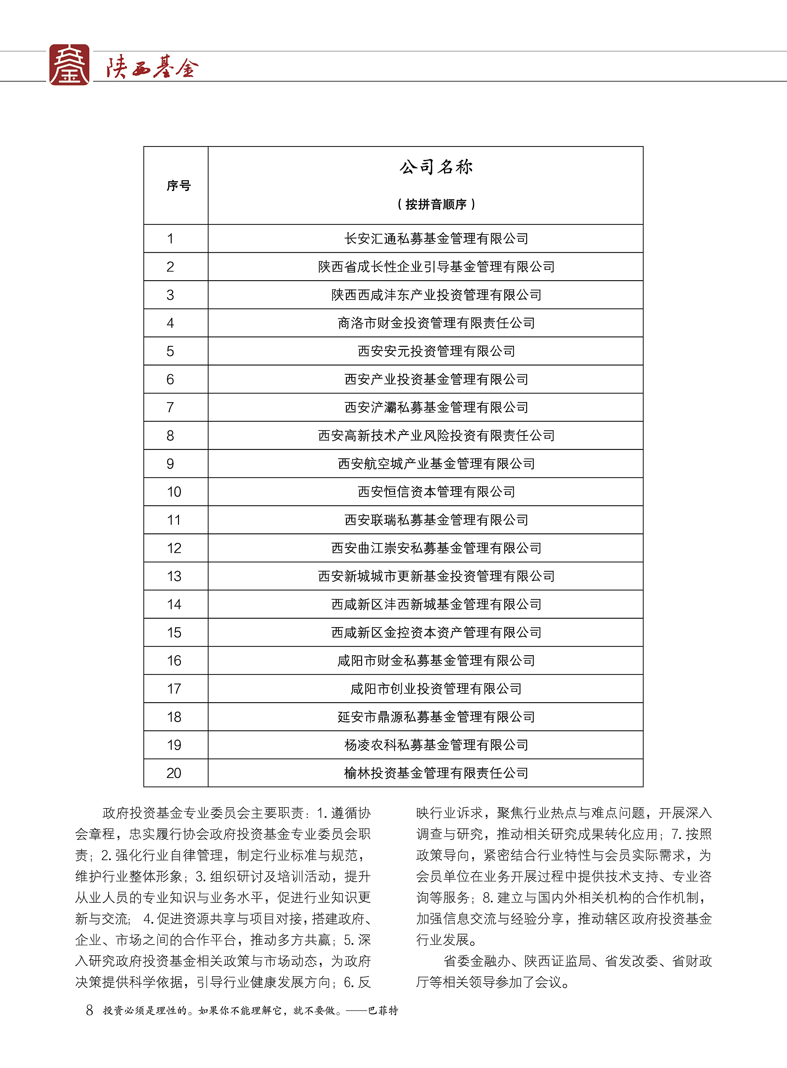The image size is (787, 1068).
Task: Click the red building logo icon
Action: pos(69,65)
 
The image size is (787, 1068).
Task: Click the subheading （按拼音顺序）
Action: pos(436,204)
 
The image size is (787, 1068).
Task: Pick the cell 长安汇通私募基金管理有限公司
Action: pos(436,239)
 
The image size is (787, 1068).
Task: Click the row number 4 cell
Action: pos(170,323)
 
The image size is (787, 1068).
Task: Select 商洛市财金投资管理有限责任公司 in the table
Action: pos(436,323)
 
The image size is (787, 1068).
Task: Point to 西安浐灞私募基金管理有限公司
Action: pos(436,408)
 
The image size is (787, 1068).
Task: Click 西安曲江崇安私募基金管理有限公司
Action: pos(436,548)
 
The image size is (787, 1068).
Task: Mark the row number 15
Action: pos(174,633)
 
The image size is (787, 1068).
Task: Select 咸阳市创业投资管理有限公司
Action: pos(436,689)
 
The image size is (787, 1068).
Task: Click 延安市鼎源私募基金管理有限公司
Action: pos(436,717)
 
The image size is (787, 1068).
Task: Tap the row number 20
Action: pos(174,773)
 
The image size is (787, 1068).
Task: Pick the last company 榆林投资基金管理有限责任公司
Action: pos(436,773)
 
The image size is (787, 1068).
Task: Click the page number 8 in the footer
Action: pos(89,1010)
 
